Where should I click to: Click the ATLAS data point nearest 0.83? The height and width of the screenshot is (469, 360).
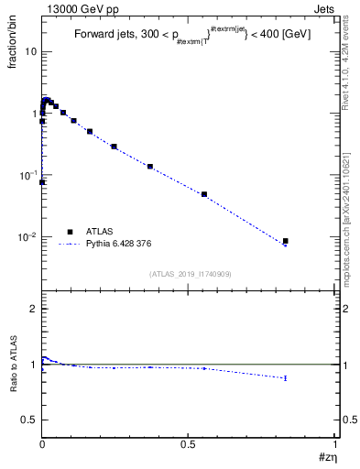pos(286,241)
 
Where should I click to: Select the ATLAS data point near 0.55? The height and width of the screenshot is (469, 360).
pos(204,194)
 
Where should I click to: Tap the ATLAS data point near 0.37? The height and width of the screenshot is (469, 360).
pos(149,167)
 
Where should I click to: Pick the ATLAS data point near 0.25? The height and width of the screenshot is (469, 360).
pos(114,147)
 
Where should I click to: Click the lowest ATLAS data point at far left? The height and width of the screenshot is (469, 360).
pos(42,182)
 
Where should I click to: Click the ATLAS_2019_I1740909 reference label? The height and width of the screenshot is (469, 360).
pos(190,274)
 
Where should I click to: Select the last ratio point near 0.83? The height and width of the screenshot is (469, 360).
pos(286,377)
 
